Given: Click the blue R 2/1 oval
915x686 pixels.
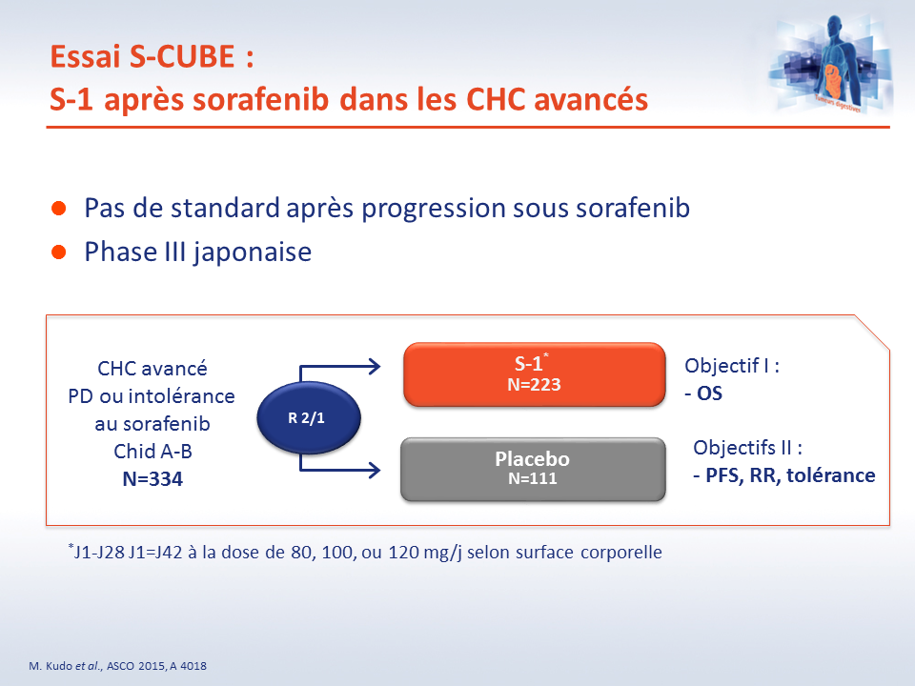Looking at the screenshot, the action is click(x=309, y=417).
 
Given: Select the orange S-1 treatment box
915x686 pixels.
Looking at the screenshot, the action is click(x=534, y=373).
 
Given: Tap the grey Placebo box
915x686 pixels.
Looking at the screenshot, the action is click(x=533, y=469).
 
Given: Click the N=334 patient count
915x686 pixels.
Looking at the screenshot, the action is click(x=152, y=479).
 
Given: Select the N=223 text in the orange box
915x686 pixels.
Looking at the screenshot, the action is click(x=534, y=384).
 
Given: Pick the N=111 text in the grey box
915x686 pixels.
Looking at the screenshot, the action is click(x=532, y=478).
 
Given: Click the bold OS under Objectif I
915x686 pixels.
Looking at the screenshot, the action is click(x=709, y=393).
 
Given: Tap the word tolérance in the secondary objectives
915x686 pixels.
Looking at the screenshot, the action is click(x=831, y=475).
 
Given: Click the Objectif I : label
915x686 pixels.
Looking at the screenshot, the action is click(x=732, y=366).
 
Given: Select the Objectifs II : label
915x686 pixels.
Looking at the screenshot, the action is click(x=747, y=448).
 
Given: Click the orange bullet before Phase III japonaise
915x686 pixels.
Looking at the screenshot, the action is click(x=58, y=252).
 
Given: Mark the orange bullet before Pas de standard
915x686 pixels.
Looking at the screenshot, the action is click(x=58, y=209).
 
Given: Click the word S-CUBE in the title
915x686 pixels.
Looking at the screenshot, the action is click(x=182, y=56).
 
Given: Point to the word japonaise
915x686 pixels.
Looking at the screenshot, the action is click(x=253, y=252).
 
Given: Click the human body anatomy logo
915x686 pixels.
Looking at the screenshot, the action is click(x=830, y=64).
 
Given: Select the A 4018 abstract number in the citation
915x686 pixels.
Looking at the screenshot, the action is click(x=189, y=666).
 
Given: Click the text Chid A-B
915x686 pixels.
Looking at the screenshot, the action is click(x=152, y=451).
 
